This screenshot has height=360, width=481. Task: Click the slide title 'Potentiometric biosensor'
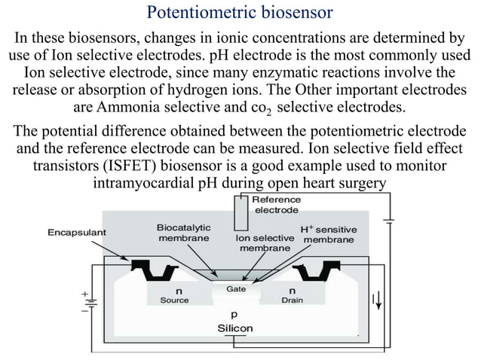(240, 13)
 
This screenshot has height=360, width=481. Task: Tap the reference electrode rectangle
(240, 212)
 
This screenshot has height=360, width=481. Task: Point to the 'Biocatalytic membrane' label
(183, 232)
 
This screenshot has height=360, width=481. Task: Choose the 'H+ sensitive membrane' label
(328, 234)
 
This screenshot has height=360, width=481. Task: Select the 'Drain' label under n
(292, 300)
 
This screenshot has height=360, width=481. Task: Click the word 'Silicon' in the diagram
(235, 328)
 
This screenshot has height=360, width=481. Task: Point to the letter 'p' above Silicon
(234, 316)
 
